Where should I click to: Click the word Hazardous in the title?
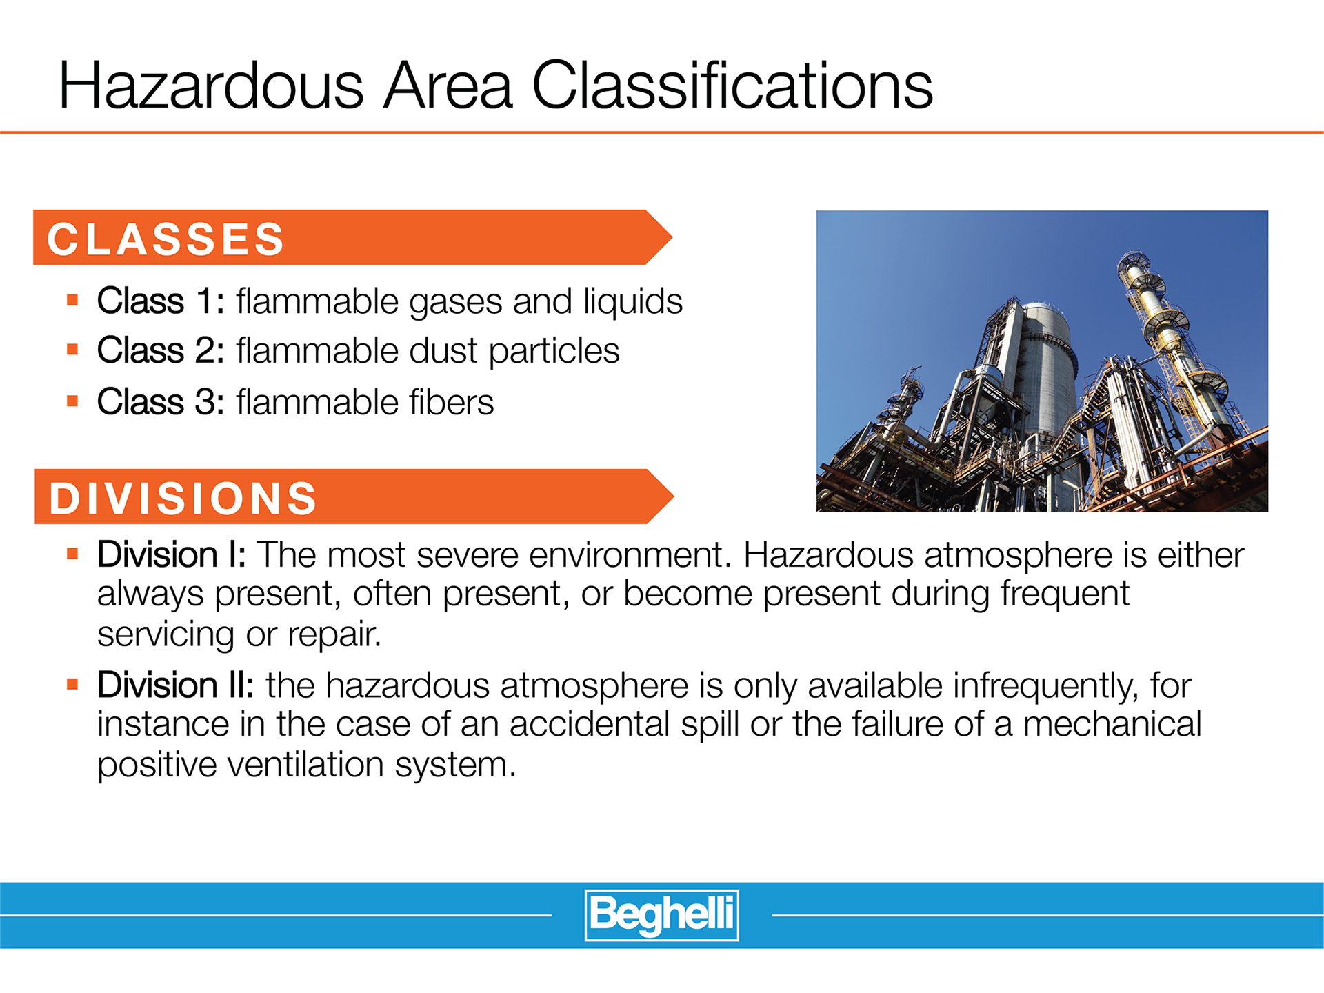tap(211, 86)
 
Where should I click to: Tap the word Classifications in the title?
tap(732, 86)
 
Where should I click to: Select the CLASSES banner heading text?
tap(165, 239)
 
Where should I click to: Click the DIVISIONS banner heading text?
tap(183, 498)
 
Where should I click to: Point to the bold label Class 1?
tap(161, 301)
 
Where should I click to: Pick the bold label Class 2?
tap(161, 350)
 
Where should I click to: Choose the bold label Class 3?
tap(161, 402)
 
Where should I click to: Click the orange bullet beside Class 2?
tap(72, 350)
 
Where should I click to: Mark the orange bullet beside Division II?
tap(72, 684)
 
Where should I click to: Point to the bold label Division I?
tap(172, 554)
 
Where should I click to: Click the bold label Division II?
tap(176, 685)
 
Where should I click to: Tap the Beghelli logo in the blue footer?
tap(662, 915)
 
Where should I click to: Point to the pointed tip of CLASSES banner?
tap(672, 237)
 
